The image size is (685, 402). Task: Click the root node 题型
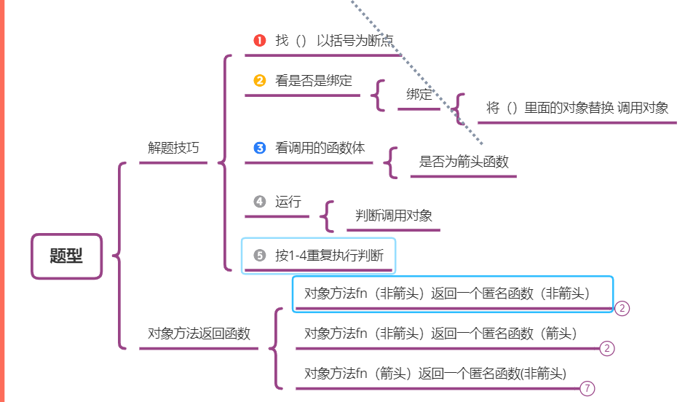pos(66,256)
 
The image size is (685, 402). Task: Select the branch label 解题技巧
pos(173,148)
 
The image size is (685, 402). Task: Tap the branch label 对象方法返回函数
pos(199,334)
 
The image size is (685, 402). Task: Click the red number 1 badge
pos(260,40)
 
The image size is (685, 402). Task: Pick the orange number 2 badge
pos(260,81)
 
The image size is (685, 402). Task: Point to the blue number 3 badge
pos(260,148)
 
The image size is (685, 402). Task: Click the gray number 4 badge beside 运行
pos(260,202)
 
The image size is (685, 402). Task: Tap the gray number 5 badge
pos(260,256)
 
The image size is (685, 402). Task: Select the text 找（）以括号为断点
pos(335,40)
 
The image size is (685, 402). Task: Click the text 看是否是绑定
pos(309,81)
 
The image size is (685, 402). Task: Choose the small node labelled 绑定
pos(419,94)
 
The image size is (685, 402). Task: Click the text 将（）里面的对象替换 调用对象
pos(577,108)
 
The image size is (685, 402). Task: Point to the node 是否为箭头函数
pos(464,162)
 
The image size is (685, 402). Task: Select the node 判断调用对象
pos(394,216)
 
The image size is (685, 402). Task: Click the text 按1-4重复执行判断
pos(334,256)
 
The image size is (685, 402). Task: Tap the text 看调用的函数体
pos(320,148)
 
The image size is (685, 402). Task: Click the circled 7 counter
pos(587,389)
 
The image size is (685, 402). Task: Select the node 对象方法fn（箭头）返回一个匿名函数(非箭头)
pos(435,374)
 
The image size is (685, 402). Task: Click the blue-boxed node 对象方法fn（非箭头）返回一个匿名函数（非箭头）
pos(447,293)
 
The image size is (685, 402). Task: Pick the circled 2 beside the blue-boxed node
pos(622,308)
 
